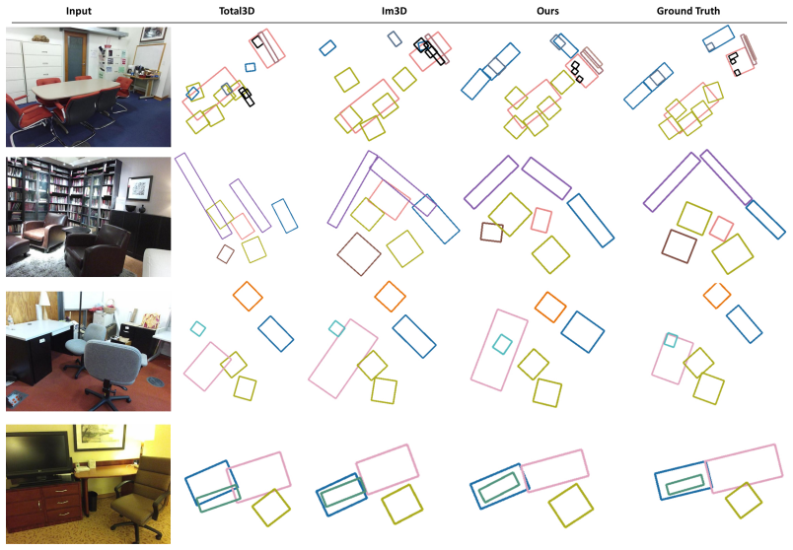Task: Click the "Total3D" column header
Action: click(237, 11)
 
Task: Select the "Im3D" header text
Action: click(394, 11)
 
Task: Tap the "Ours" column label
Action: click(547, 11)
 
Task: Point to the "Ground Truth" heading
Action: click(687, 11)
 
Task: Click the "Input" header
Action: click(78, 11)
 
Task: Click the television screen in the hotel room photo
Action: click(37, 453)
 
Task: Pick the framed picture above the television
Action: click(99, 437)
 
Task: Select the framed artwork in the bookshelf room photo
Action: click(140, 188)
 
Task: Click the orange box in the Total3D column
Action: click(248, 297)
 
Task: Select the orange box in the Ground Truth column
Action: click(717, 296)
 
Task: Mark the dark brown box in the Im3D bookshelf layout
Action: click(359, 254)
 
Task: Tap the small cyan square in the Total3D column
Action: click(197, 329)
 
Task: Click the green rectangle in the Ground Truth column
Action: click(685, 485)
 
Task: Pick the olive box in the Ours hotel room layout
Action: click(570, 506)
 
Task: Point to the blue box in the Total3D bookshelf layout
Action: click(285, 216)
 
